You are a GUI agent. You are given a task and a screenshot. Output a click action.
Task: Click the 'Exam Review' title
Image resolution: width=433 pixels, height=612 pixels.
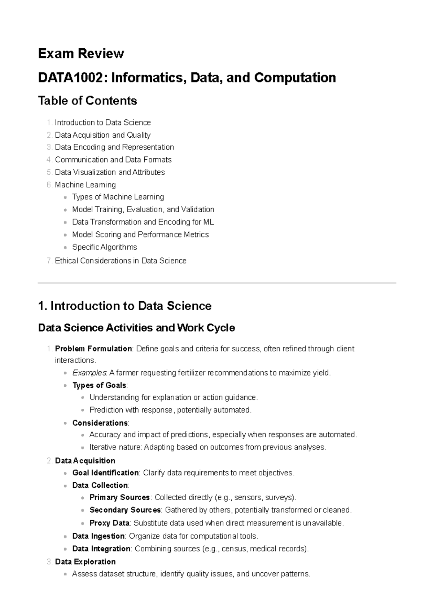point(81,54)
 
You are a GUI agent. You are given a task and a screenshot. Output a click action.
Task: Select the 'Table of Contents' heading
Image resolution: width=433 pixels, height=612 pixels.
point(87,101)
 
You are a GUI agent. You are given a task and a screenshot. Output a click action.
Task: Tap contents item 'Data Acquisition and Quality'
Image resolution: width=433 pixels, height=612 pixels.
point(102,135)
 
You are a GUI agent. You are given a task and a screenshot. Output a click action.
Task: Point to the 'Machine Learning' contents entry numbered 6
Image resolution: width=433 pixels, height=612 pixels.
point(85,185)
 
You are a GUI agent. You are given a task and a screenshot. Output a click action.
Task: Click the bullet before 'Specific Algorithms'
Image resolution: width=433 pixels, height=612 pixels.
point(65,248)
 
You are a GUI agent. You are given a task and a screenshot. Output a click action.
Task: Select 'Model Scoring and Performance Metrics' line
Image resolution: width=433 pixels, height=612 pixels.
point(140,235)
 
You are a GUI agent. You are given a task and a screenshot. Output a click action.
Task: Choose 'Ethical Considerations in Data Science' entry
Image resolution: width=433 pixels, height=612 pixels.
point(121,261)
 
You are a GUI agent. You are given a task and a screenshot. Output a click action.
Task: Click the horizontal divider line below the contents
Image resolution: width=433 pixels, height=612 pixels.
point(216,283)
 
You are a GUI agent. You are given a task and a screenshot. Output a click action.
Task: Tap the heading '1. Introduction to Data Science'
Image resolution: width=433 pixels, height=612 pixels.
point(124,306)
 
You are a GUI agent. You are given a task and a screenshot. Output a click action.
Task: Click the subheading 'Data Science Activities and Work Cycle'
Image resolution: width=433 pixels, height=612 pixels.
point(136,328)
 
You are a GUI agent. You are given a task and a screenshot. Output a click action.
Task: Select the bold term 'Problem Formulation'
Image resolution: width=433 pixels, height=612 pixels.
point(93,349)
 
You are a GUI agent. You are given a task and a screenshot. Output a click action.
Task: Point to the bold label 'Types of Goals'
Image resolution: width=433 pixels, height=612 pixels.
point(99,385)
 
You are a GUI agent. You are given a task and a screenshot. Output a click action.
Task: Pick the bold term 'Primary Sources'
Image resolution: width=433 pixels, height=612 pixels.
point(119,497)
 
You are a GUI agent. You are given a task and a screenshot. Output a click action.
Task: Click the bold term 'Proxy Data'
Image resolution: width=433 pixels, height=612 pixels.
point(109,523)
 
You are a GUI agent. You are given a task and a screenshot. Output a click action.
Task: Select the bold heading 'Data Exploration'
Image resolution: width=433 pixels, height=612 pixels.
point(85,562)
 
